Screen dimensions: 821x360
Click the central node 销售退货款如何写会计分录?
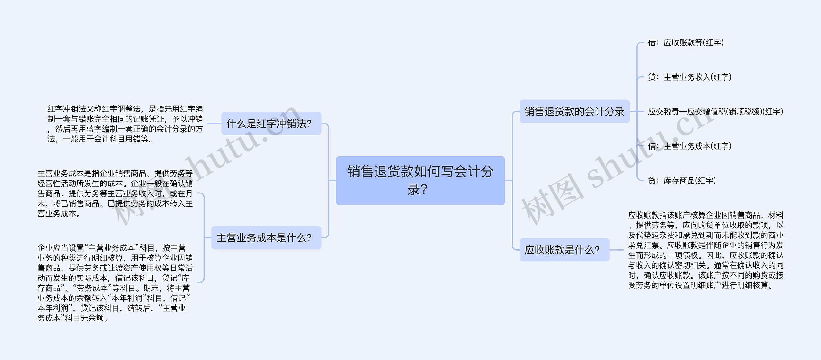(x=420, y=180)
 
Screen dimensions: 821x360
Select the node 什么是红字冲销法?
(x=271, y=124)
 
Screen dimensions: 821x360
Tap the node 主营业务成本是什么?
(x=266, y=238)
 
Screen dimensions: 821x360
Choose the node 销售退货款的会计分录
(x=574, y=111)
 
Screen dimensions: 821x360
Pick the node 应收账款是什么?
(x=564, y=250)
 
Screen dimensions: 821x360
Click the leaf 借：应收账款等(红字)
(x=686, y=43)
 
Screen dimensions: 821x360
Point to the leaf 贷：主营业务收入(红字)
(x=690, y=77)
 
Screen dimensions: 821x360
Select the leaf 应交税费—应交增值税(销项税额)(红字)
(x=715, y=112)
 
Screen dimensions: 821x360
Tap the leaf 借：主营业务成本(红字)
(x=690, y=146)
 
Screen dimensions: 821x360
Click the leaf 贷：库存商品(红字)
(x=682, y=181)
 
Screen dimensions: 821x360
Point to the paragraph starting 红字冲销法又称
(x=125, y=124)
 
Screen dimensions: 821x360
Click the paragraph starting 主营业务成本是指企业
(x=115, y=193)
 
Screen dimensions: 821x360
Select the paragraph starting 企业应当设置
(x=115, y=283)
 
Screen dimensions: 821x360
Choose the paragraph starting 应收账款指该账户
(x=706, y=250)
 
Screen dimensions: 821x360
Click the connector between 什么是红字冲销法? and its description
(x=214, y=124)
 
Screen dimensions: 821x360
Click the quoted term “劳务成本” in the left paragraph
(x=92, y=288)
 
